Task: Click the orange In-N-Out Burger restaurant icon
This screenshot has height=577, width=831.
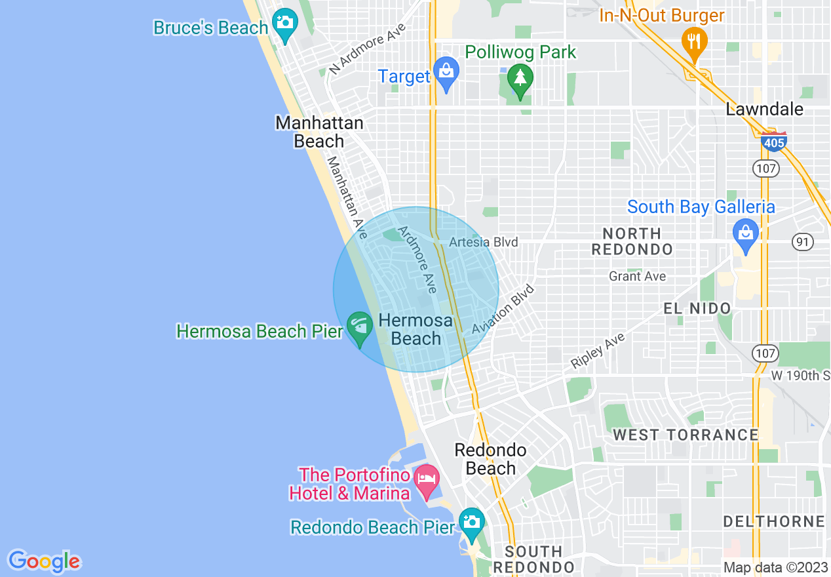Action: click(x=694, y=41)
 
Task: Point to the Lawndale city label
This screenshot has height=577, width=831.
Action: click(x=764, y=109)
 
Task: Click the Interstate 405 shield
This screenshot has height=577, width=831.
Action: click(x=774, y=141)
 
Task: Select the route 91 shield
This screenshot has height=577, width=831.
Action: click(x=802, y=242)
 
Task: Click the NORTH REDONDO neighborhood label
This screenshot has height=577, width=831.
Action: click(x=632, y=241)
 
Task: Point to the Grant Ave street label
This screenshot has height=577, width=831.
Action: click(x=637, y=276)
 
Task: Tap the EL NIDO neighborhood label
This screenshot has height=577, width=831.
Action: click(x=697, y=308)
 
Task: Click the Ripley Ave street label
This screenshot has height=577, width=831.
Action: click(x=598, y=350)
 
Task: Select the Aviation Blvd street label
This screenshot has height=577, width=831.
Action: click(x=503, y=309)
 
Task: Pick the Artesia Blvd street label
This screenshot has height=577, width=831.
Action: click(x=484, y=242)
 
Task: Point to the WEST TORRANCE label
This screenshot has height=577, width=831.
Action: click(x=686, y=435)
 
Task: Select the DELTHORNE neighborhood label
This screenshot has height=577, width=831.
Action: click(x=773, y=522)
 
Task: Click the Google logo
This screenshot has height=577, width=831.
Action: click(x=44, y=561)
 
